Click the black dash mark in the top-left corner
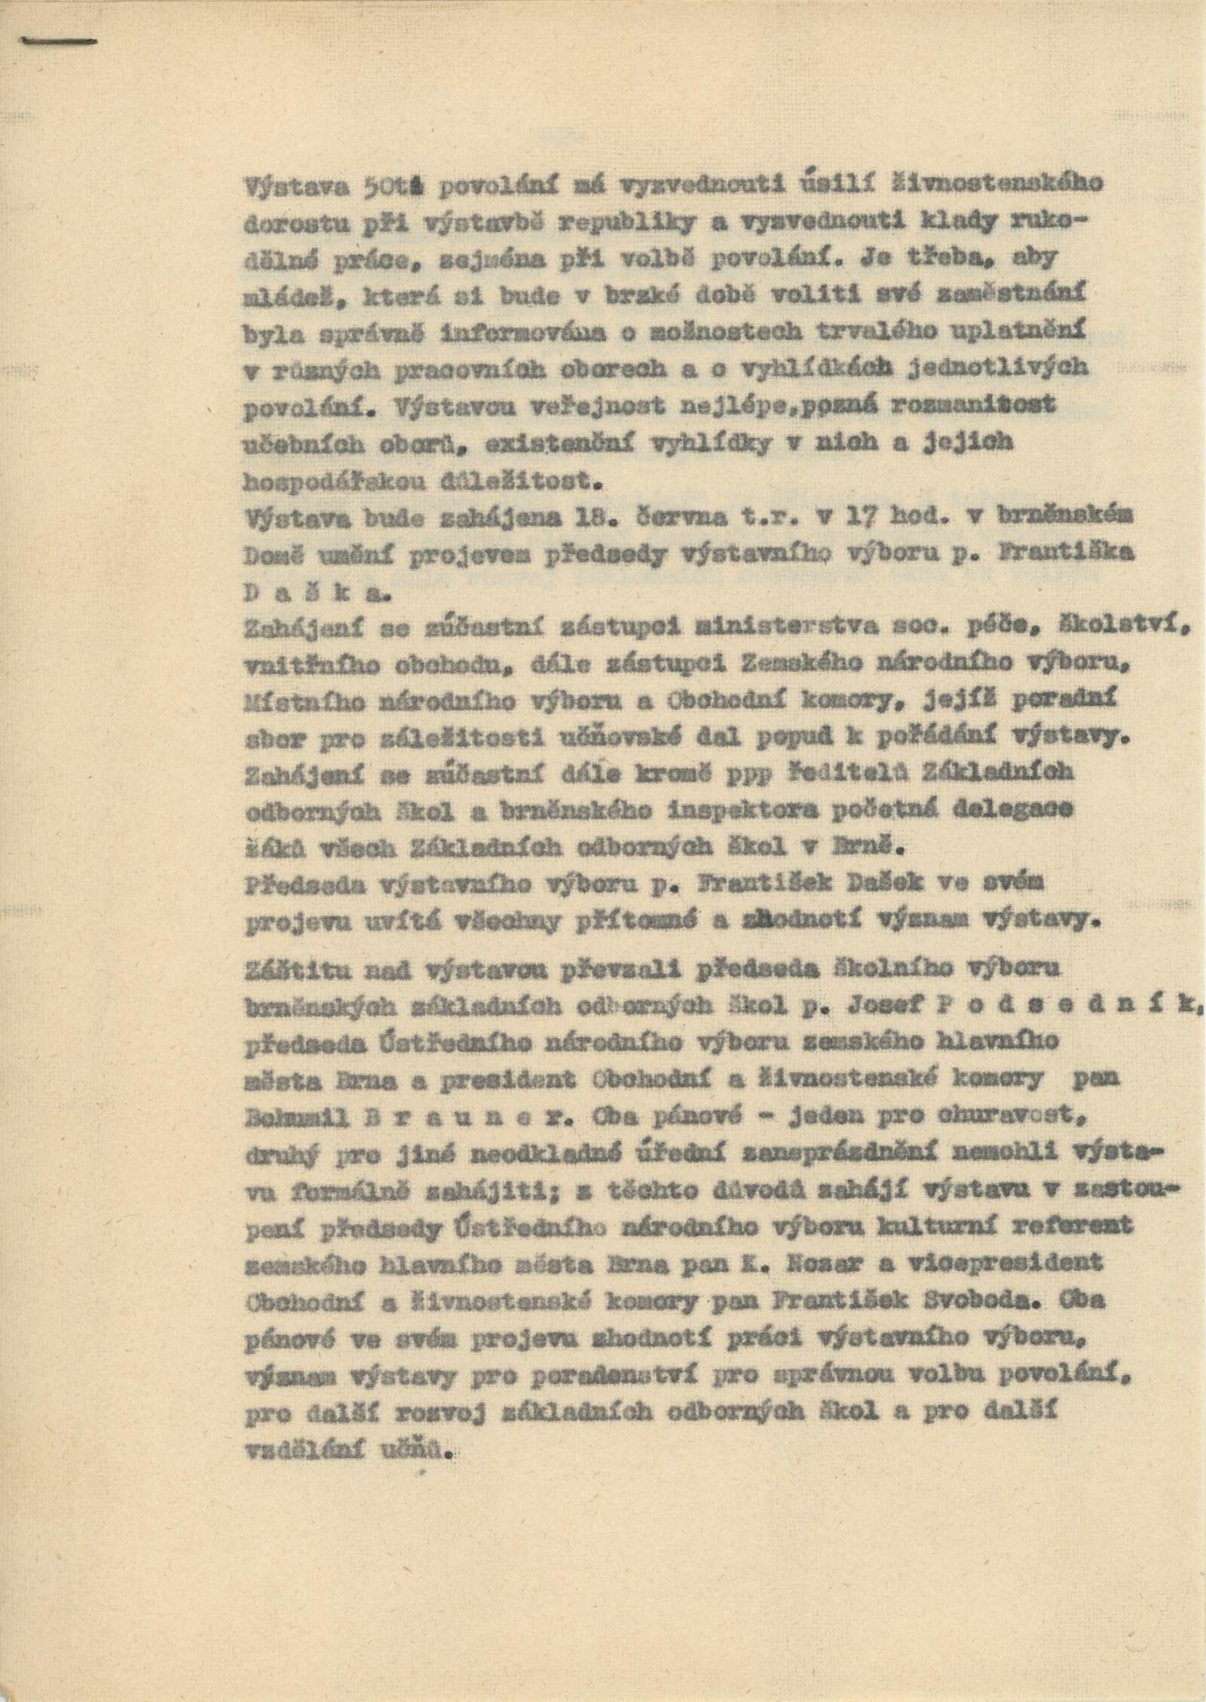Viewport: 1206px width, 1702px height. tap(60, 40)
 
